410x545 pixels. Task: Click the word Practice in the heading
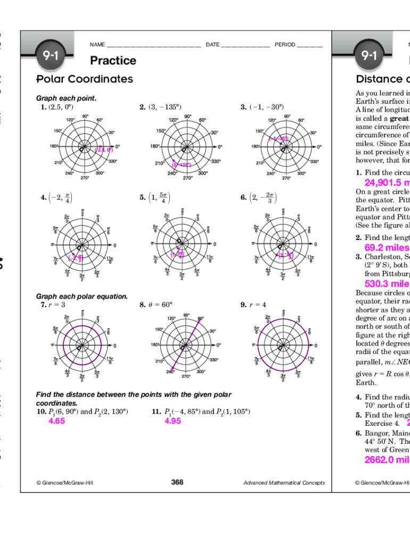pos(113,61)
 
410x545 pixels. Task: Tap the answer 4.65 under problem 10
pos(56,421)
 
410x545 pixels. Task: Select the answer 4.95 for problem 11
pos(173,421)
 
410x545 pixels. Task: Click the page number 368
pos(177,482)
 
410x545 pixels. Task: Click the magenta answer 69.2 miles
pos(387,247)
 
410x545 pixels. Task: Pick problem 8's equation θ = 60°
pos(160,305)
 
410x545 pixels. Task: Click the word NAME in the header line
pos(97,45)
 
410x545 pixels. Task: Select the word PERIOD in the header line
pos(285,45)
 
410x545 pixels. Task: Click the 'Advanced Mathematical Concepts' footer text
pos(284,483)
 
